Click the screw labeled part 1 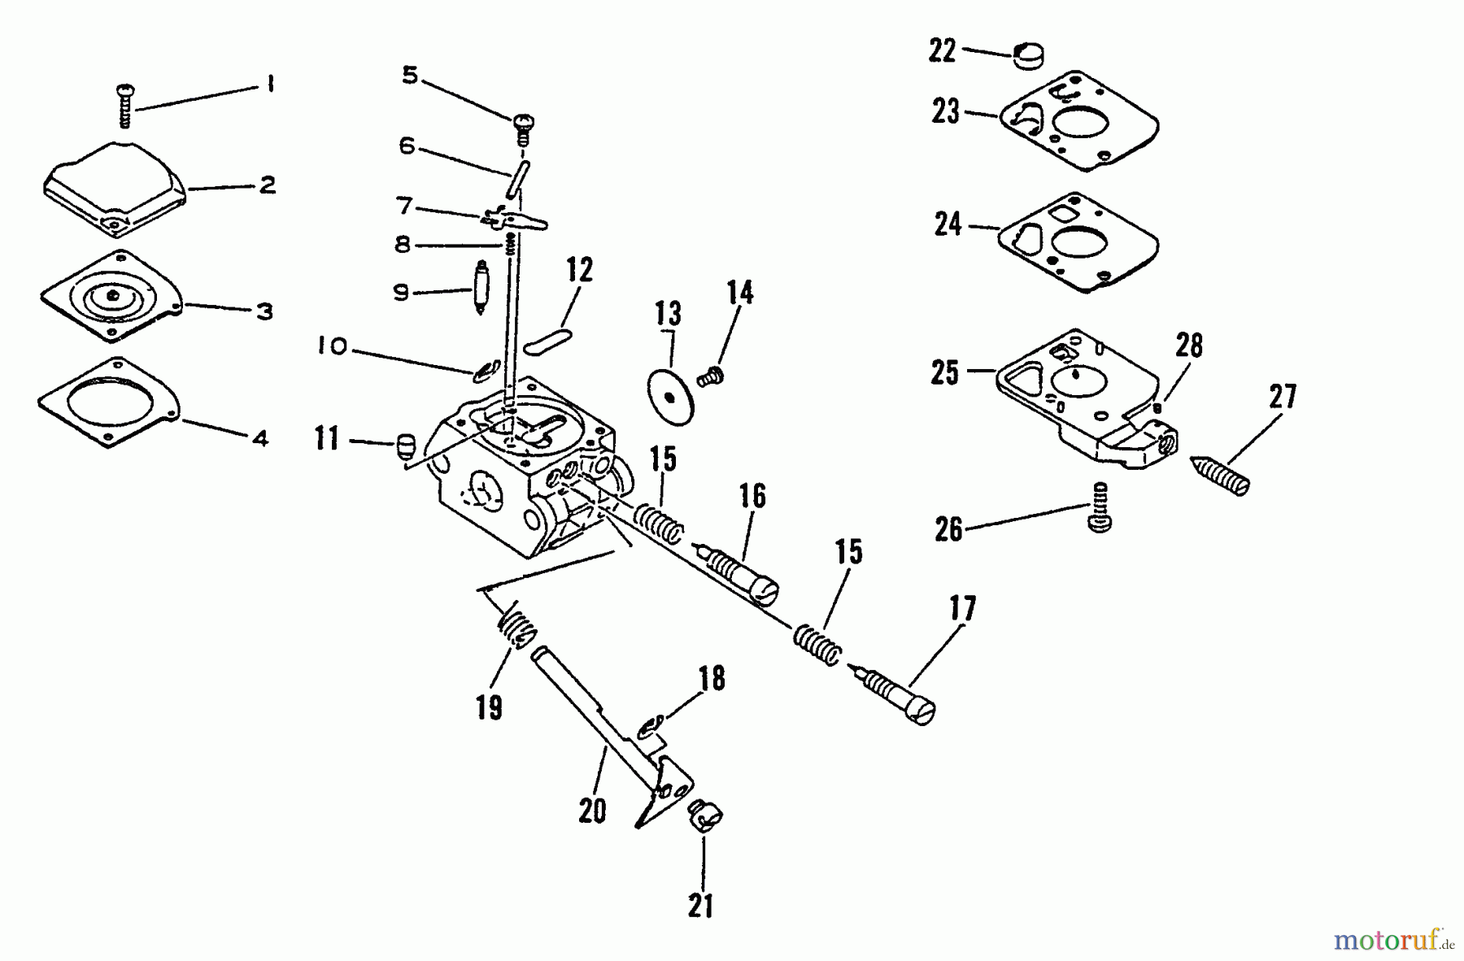(125, 106)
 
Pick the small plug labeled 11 (406, 446)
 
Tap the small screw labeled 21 (706, 814)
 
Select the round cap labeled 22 (1029, 56)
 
